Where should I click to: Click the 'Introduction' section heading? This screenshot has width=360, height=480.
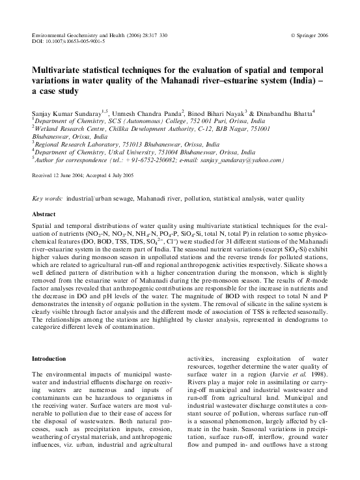pyautogui.click(x=49, y=358)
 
